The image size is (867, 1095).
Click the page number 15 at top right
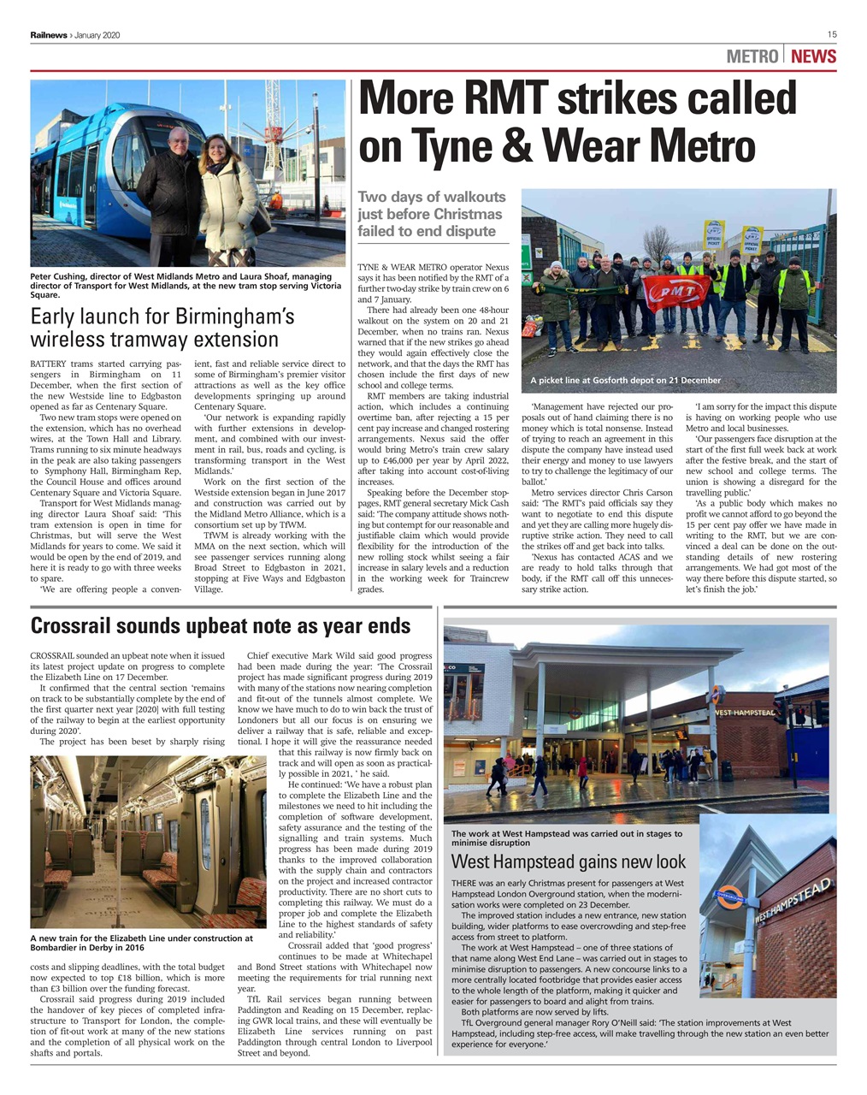pos(831,34)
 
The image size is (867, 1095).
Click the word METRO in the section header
pos(752,57)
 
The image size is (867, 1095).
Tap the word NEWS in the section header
pos(813,57)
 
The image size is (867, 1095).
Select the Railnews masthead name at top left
pos(49,35)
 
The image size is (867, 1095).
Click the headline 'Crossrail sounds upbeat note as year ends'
pos(220,626)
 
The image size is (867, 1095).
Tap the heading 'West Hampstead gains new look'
pos(568,861)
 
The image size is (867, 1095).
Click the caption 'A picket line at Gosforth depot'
pos(625,381)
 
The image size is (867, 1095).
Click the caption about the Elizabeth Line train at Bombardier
pos(141,943)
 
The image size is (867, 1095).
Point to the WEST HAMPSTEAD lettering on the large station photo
pos(743,713)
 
